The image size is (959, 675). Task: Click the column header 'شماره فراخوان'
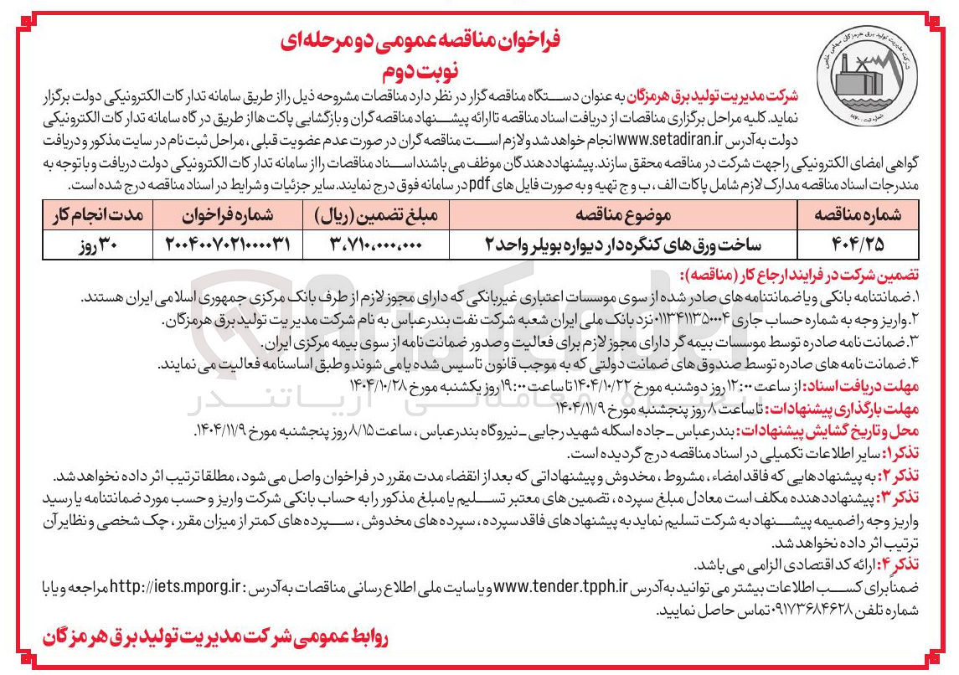tap(223, 215)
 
